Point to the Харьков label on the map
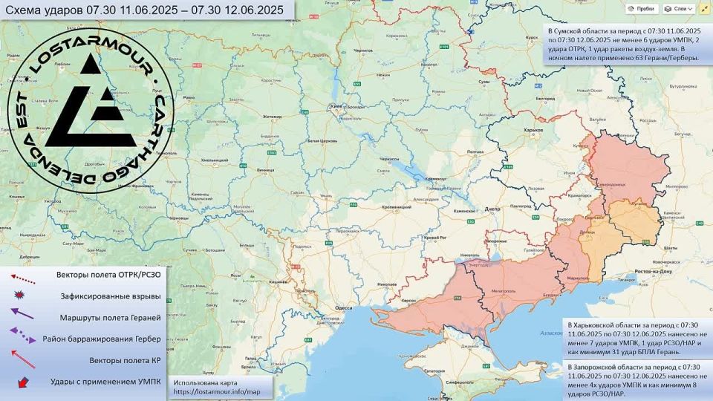tap(533, 130)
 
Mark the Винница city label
tap(264, 169)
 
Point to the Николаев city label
tap(388, 284)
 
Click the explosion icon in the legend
tap(20, 296)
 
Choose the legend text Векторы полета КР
tap(126, 360)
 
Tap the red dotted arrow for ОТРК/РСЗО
tap(22, 276)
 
